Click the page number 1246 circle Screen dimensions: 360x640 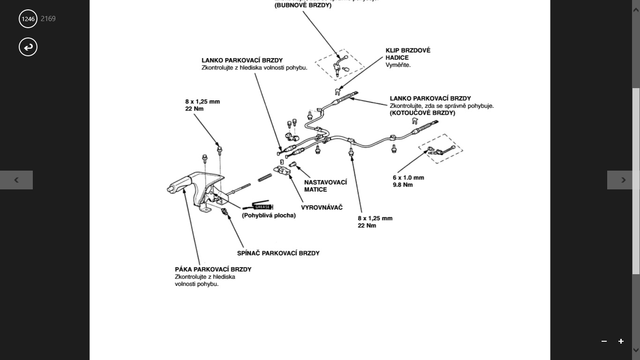point(28,19)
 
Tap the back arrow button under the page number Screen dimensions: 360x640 point(28,47)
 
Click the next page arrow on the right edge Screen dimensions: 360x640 point(623,180)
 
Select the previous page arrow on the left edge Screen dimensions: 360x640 point(16,180)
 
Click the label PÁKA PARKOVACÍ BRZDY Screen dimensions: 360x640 point(213,270)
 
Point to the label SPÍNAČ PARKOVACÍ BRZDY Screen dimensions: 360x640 point(278,253)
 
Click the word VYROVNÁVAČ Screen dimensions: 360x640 point(321,208)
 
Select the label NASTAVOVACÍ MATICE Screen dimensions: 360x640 point(325,186)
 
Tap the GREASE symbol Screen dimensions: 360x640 point(262,206)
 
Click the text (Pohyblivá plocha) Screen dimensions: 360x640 point(268,216)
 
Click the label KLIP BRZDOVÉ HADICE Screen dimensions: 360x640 point(408,54)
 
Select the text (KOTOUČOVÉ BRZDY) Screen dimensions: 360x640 point(422,113)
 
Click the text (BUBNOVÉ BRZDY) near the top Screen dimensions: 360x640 point(303,6)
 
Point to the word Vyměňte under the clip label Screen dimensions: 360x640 point(398,65)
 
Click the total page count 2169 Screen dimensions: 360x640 point(48,19)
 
